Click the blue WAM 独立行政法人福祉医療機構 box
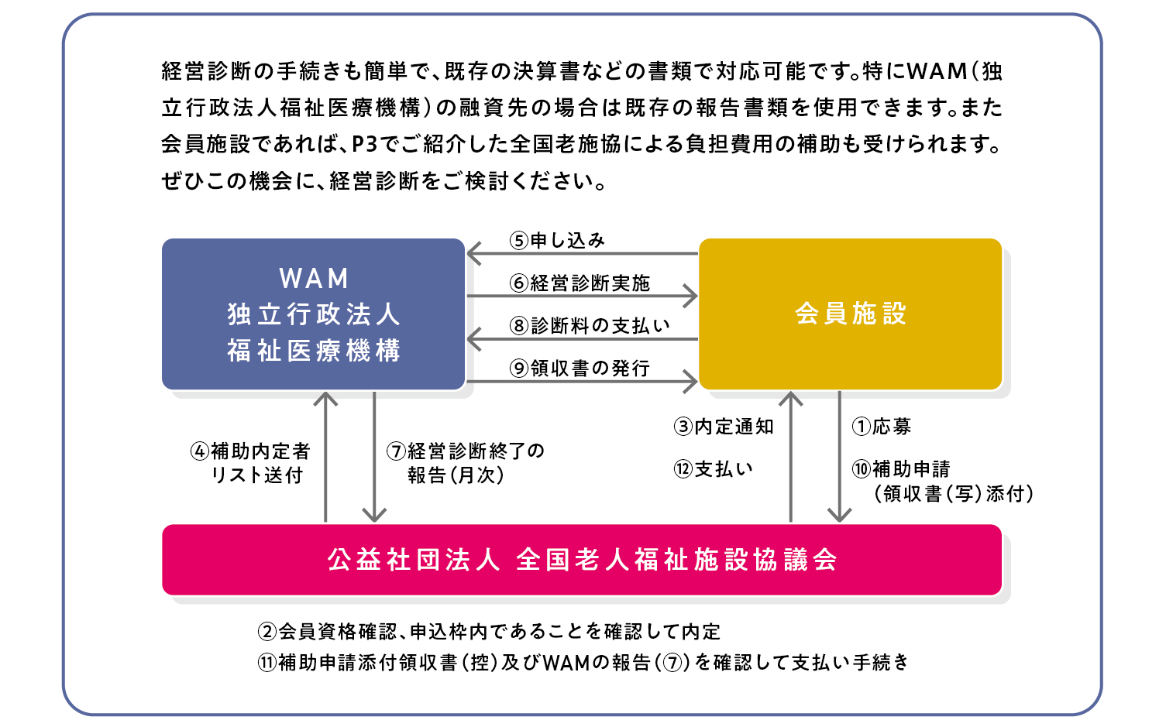[313, 314]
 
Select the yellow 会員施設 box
[850, 314]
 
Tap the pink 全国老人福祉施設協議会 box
[582, 560]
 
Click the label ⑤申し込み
[556, 241]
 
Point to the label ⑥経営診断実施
[580, 283]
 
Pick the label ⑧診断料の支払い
[590, 326]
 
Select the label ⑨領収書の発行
[580, 369]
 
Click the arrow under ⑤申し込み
[583, 254]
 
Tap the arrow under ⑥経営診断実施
[583, 297]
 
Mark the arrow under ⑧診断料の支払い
[583, 339]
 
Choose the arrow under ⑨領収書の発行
[583, 382]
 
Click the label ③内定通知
[724, 427]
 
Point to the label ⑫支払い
[713, 470]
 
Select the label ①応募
[881, 427]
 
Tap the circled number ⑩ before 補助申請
[862, 470]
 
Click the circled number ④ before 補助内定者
[200, 451]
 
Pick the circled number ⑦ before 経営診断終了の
[396, 451]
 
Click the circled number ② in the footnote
[267, 632]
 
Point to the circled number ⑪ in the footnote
[267, 663]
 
